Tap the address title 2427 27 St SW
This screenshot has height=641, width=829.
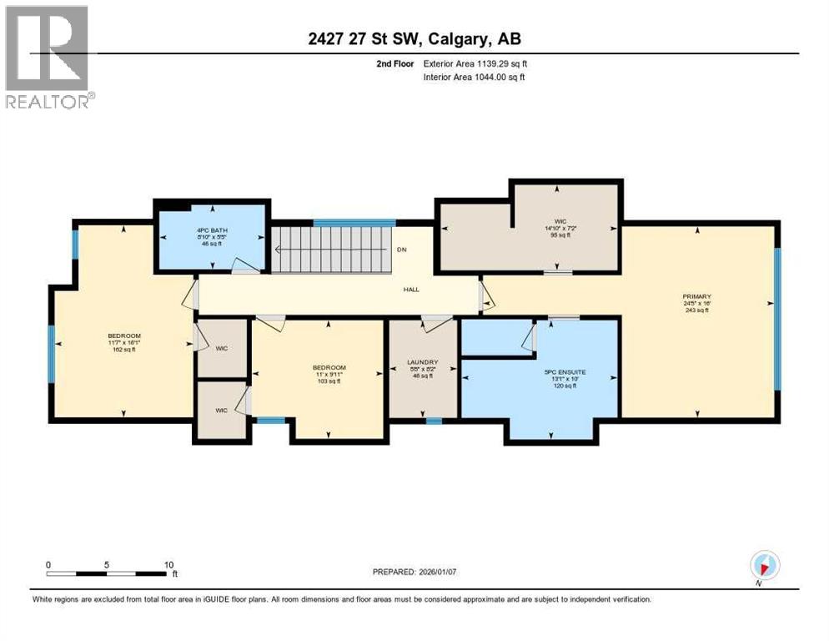click(x=414, y=39)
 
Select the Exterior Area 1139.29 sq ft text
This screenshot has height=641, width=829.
click(x=475, y=63)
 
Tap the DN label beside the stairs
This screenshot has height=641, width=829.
click(x=401, y=250)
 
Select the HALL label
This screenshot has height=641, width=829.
click(x=411, y=290)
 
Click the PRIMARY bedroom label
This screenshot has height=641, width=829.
click(x=696, y=295)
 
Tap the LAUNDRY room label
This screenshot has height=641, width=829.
click(x=423, y=361)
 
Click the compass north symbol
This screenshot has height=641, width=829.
click(x=764, y=564)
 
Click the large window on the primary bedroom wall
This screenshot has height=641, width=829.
click(x=777, y=320)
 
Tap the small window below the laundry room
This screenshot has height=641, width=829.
click(x=433, y=421)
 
